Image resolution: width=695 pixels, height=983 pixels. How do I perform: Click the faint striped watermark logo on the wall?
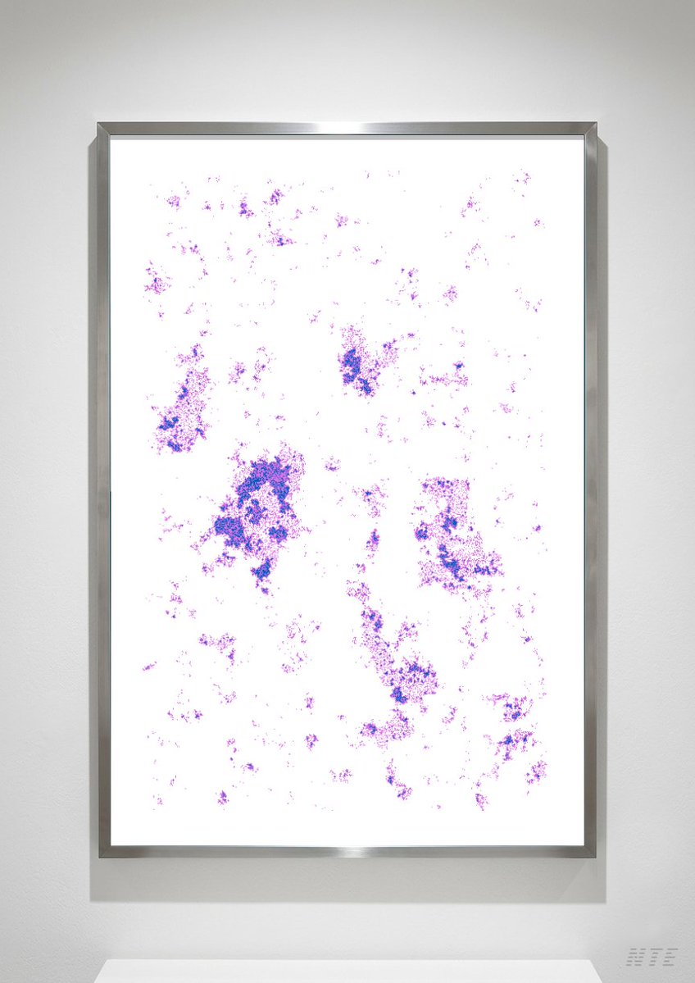click(x=652, y=955)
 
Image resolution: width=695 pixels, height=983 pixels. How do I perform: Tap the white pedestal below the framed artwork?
click(x=347, y=972)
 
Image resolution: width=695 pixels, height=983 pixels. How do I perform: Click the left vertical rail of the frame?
click(x=104, y=492)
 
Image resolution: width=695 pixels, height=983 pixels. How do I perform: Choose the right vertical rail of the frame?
click(x=590, y=492)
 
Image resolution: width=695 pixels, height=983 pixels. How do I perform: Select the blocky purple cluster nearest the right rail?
click(x=451, y=533)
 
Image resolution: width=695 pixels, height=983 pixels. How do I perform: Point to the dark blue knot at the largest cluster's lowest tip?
click(x=262, y=570)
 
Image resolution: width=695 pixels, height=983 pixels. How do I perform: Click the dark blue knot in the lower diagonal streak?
click(x=400, y=695)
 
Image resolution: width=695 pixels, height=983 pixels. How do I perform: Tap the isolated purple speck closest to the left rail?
click(x=148, y=667)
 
